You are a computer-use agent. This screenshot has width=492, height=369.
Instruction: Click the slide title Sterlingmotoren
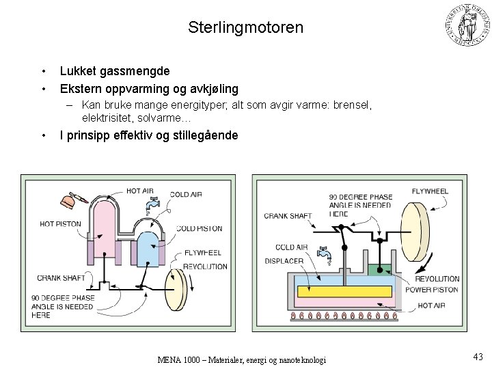(245, 28)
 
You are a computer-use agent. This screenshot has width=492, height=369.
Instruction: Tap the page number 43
(477, 356)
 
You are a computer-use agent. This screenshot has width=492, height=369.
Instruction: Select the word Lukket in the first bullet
(79, 70)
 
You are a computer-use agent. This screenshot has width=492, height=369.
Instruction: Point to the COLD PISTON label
(200, 228)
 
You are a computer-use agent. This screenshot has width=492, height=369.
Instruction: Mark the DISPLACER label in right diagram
(284, 260)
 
